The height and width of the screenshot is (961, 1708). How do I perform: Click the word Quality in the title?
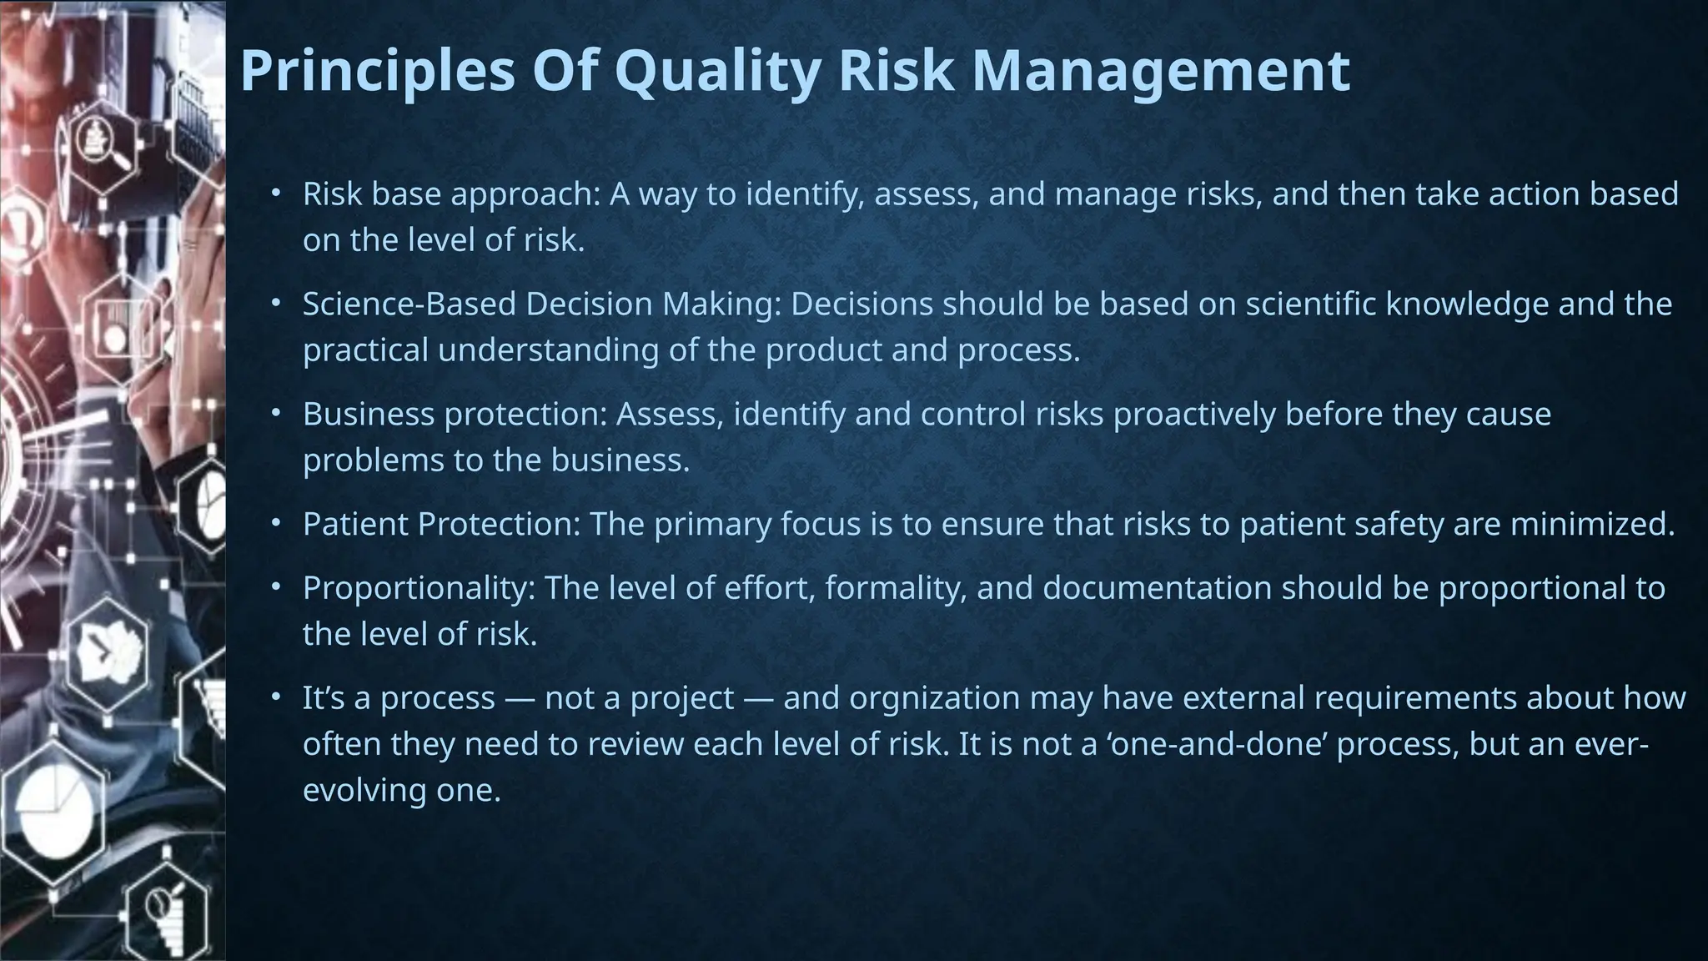tap(717, 71)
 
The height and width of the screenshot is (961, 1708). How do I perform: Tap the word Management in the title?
tap(1160, 71)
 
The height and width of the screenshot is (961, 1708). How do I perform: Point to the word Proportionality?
tap(418, 589)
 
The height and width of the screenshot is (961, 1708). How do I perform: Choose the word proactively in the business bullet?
tap(1194, 415)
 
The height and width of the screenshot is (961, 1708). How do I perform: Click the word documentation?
tap(1157, 589)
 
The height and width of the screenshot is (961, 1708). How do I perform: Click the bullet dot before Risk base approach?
tap(276, 194)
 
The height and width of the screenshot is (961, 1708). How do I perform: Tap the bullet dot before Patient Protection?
tap(276, 524)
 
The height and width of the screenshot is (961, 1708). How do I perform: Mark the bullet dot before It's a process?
tap(276, 697)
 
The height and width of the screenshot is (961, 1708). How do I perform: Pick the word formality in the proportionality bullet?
tap(896, 589)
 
